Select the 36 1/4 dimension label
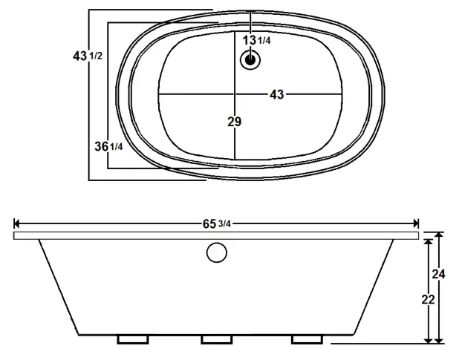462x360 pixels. point(108,146)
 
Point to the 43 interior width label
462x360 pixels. point(276,94)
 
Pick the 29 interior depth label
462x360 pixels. point(234,122)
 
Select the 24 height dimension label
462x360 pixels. point(438,274)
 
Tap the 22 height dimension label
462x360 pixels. point(428,299)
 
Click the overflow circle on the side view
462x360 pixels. point(216,253)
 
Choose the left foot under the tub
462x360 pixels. point(133,339)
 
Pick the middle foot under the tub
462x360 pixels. point(216,339)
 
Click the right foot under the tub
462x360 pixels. point(307,339)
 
